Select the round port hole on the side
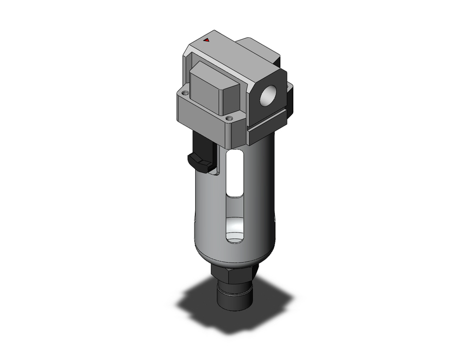point(268,97)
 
